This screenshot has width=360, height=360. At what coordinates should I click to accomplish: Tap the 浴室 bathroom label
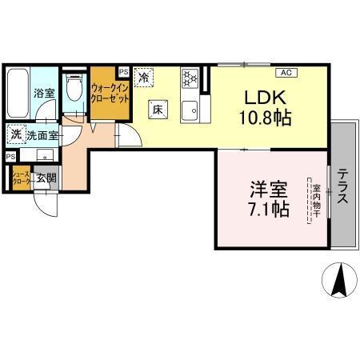click(x=42, y=94)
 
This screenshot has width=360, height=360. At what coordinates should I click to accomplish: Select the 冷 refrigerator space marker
click(x=144, y=78)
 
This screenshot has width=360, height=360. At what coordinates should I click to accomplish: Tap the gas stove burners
click(x=190, y=78)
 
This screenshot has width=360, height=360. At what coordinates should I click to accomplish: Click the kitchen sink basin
click(x=190, y=111)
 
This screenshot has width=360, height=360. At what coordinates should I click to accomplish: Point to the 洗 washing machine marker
click(x=16, y=135)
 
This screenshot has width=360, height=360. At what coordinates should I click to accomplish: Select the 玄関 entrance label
click(x=45, y=178)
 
